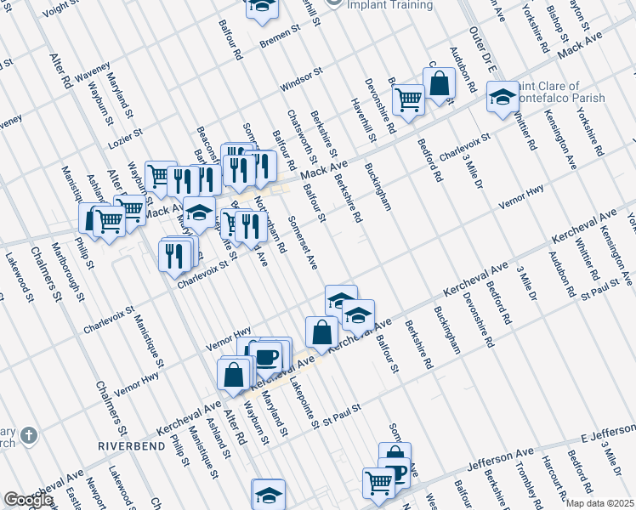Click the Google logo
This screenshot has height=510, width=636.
click(28, 500)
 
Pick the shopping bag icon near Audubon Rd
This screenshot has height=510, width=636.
click(439, 83)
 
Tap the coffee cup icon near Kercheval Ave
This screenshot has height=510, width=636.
click(267, 354)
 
